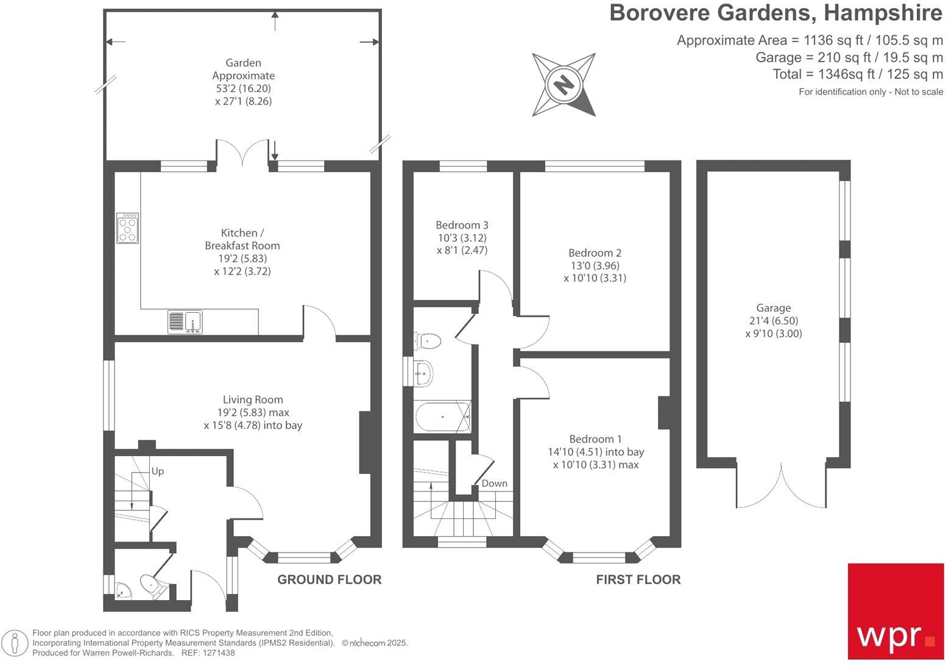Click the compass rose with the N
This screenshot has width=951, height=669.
tap(564, 84)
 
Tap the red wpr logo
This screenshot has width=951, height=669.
tap(896, 611)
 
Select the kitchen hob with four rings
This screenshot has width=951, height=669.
tap(128, 228)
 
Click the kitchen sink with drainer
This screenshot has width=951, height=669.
tap(185, 321)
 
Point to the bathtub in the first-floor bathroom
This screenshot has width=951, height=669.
tap(443, 417)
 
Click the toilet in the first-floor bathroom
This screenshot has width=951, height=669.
tap(428, 340)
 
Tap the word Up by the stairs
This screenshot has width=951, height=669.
tap(158, 471)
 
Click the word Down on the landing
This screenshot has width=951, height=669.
tap(494, 484)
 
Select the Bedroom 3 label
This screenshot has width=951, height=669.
tap(462, 225)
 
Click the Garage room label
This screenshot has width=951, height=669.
tap(773, 308)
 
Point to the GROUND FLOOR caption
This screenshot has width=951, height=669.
tap(330, 579)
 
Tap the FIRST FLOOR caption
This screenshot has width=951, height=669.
tap(638, 579)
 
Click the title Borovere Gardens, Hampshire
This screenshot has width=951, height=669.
tap(776, 13)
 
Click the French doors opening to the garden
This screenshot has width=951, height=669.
tap(243, 152)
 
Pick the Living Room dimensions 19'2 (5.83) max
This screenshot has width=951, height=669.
tap(252, 413)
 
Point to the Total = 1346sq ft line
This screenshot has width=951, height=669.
tap(858, 74)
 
